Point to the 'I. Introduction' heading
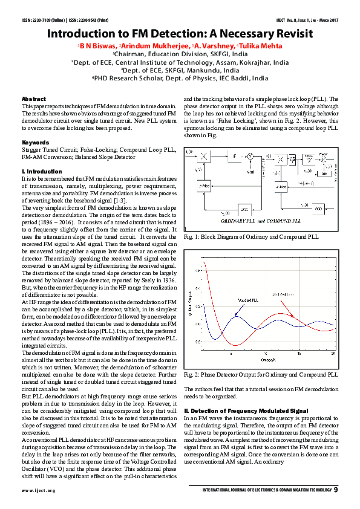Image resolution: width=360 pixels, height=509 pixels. pos(42,172)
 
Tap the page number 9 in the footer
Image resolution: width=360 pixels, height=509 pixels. pos(336,490)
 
